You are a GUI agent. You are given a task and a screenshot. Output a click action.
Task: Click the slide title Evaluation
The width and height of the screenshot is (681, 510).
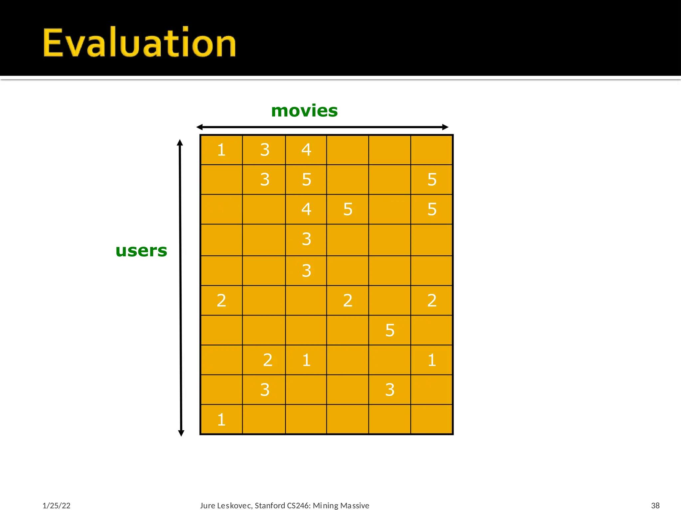139,43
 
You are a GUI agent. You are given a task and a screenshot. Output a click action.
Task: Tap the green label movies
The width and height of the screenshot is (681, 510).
304,111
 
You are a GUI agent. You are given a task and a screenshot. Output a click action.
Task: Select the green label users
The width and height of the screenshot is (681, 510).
141,250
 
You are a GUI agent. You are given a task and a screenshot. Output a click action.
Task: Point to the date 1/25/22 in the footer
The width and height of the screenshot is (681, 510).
57,505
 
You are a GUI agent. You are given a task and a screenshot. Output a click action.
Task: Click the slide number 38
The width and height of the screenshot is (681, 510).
655,505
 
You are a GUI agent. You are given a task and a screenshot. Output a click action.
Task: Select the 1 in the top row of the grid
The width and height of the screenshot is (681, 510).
221,150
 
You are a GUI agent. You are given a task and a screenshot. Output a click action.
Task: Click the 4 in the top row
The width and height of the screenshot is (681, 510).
306,150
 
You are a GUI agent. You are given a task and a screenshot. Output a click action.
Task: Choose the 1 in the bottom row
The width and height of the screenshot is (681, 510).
221,420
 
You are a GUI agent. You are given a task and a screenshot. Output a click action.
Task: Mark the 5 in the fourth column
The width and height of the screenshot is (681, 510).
348,209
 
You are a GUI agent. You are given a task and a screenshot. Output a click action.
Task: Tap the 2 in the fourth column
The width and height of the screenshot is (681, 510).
348,300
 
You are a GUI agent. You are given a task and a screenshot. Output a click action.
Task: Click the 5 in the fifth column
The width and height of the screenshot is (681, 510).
390,330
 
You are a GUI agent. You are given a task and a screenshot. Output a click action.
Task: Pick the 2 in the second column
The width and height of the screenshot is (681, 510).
268,360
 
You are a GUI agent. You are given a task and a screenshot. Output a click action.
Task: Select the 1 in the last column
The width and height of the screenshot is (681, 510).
432,360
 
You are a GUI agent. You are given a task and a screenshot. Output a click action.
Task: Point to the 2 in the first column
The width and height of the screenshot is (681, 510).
221,300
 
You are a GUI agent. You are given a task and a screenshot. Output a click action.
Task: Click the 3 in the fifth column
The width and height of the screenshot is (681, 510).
390,390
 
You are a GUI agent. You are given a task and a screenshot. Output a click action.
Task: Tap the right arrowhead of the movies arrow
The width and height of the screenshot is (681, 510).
446,127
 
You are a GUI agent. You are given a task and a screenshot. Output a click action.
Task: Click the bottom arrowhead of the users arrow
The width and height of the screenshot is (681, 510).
181,433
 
